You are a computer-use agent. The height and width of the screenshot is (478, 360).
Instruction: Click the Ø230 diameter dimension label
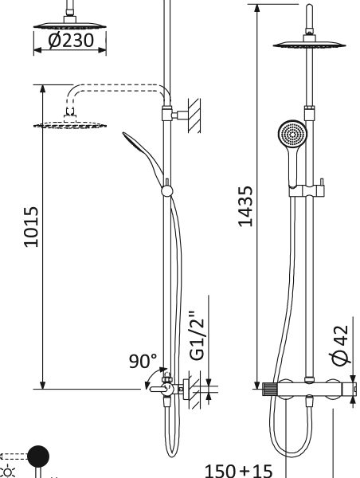click(x=70, y=41)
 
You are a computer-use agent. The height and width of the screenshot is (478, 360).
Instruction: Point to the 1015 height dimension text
click(x=31, y=227)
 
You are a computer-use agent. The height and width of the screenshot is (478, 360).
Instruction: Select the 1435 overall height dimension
click(x=245, y=206)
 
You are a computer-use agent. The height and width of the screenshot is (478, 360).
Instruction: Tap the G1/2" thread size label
click(x=197, y=335)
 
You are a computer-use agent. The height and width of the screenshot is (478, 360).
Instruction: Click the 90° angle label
click(x=143, y=361)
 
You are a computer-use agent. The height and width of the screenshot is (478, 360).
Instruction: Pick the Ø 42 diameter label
click(x=340, y=346)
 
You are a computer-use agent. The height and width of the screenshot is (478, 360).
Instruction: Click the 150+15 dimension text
click(x=238, y=471)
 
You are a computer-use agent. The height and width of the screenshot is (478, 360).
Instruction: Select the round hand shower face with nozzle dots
click(x=292, y=135)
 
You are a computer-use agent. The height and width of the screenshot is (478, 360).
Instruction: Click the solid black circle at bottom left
click(x=38, y=456)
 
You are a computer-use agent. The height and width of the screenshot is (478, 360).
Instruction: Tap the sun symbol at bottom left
click(x=8, y=472)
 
